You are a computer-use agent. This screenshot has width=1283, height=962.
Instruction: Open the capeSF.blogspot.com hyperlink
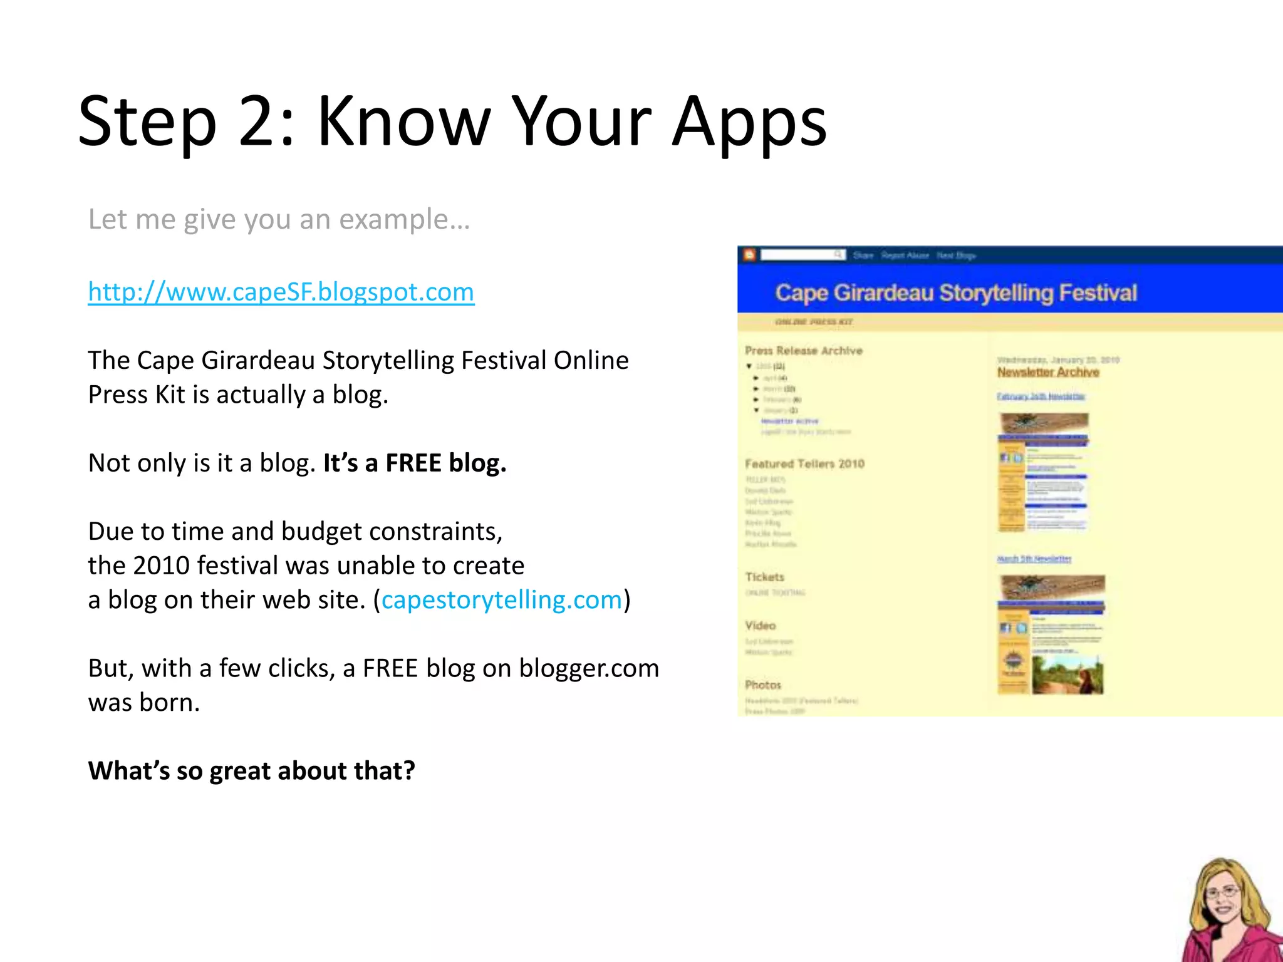click(x=281, y=292)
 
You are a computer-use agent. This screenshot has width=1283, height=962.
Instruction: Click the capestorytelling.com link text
click(x=501, y=600)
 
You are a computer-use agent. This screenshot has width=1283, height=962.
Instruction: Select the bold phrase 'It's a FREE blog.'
click(x=415, y=463)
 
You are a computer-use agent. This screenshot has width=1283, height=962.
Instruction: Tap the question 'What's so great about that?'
click(x=251, y=771)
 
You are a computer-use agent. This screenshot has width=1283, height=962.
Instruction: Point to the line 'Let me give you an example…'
click(x=279, y=220)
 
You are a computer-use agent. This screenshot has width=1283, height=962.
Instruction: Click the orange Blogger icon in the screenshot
click(x=749, y=254)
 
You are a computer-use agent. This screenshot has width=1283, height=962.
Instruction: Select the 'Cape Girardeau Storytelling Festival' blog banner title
click(x=956, y=292)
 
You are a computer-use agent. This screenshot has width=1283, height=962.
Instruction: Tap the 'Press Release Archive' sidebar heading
click(x=804, y=351)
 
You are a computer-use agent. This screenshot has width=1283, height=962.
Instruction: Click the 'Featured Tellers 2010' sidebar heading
click(x=804, y=464)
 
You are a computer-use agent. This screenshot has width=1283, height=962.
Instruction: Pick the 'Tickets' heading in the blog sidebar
click(x=764, y=577)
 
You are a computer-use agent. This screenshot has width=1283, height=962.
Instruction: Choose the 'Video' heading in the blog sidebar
click(x=761, y=626)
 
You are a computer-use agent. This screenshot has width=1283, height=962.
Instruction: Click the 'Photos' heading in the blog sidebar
click(x=763, y=685)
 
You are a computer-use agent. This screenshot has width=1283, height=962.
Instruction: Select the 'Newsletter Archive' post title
click(x=1048, y=372)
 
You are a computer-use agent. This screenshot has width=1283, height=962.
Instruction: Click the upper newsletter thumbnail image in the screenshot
click(x=1043, y=472)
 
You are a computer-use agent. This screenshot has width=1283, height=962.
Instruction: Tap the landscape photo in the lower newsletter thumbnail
click(x=1067, y=675)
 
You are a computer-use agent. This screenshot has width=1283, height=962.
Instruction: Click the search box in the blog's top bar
click(x=801, y=254)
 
